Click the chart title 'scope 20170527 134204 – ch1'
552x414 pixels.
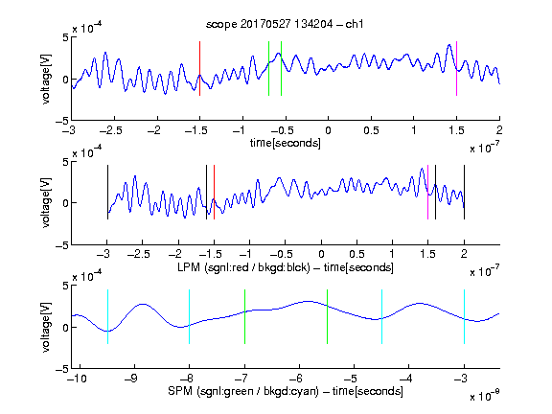click(x=285, y=24)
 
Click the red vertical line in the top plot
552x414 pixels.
click(x=199, y=68)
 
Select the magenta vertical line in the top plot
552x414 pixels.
click(x=456, y=68)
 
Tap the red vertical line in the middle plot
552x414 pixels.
click(x=214, y=193)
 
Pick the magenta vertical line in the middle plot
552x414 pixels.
click(x=427, y=193)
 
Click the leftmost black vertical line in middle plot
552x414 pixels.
click(x=107, y=193)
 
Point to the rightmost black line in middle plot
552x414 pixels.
click(x=465, y=193)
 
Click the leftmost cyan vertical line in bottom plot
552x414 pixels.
click(x=107, y=316)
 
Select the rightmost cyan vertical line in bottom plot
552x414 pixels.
click(x=465, y=316)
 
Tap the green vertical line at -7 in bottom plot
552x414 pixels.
click(x=244, y=316)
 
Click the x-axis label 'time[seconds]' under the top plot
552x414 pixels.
click(x=286, y=144)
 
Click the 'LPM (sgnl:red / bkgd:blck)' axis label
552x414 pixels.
click(x=243, y=267)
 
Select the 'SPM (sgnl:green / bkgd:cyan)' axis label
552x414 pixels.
click(x=243, y=391)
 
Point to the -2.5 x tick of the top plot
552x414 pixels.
click(x=111, y=130)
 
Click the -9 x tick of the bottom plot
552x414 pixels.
click(x=131, y=379)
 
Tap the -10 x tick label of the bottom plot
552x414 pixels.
click(x=77, y=379)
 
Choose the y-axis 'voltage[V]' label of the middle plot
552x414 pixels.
click(x=46, y=203)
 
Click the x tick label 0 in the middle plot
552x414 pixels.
click(x=321, y=255)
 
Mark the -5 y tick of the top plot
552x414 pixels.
click(x=62, y=121)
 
